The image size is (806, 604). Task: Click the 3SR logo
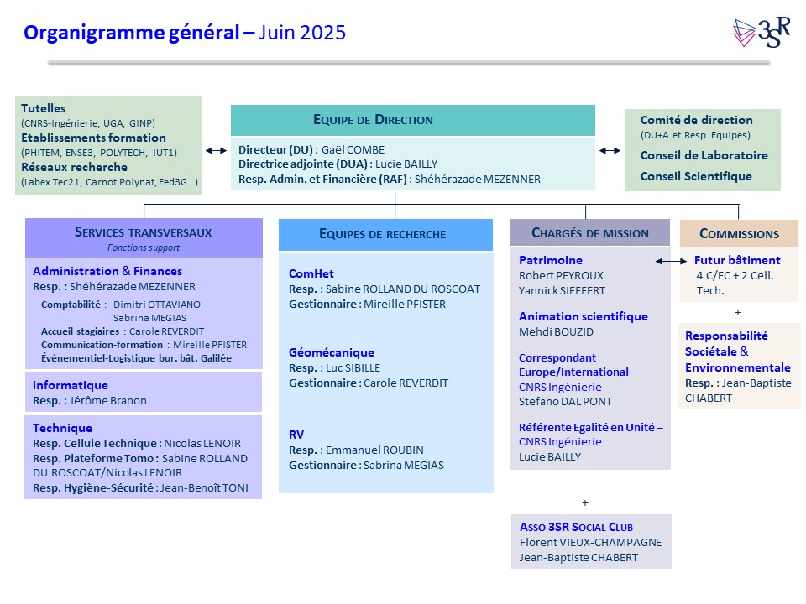[762, 32]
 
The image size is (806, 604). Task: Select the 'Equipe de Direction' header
[373, 120]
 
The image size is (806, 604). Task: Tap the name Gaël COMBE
[353, 150]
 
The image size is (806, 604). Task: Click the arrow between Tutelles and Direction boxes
[216, 150]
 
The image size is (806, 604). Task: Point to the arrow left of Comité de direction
[610, 150]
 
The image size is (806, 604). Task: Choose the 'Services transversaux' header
[144, 232]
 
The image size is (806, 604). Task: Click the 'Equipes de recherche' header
[383, 234]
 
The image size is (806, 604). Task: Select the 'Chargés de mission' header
[590, 233]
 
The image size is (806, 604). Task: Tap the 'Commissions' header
[739, 234]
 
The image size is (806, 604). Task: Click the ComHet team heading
[311, 273]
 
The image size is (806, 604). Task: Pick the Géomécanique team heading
[332, 352]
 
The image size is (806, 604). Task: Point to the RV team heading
[296, 435]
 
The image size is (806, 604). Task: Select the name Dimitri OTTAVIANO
[157, 305]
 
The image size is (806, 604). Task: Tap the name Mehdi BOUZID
[556, 332]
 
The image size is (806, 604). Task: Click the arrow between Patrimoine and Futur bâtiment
[671, 261]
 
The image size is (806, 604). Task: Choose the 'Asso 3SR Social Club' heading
[576, 527]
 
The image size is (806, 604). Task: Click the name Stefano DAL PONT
[565, 402]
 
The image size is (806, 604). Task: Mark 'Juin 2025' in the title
[302, 33]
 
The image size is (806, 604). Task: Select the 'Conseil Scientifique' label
[696, 176]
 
